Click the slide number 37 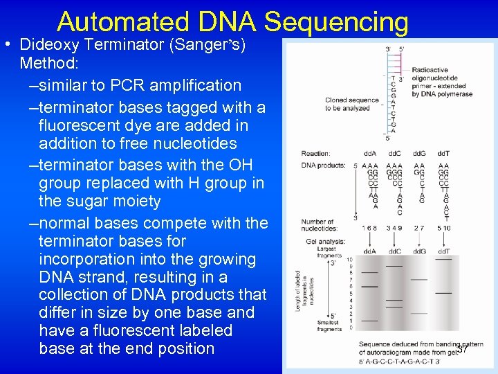click(x=462, y=349)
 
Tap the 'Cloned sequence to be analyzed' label click(x=351, y=104)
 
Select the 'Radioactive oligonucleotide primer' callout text click(x=442, y=82)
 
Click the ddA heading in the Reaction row click(x=370, y=153)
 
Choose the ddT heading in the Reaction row click(x=444, y=153)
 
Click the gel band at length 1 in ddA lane click(x=370, y=321)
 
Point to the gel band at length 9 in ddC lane click(x=394, y=266)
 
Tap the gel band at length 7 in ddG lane click(x=419, y=279)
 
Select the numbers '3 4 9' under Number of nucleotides click(x=394, y=227)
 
